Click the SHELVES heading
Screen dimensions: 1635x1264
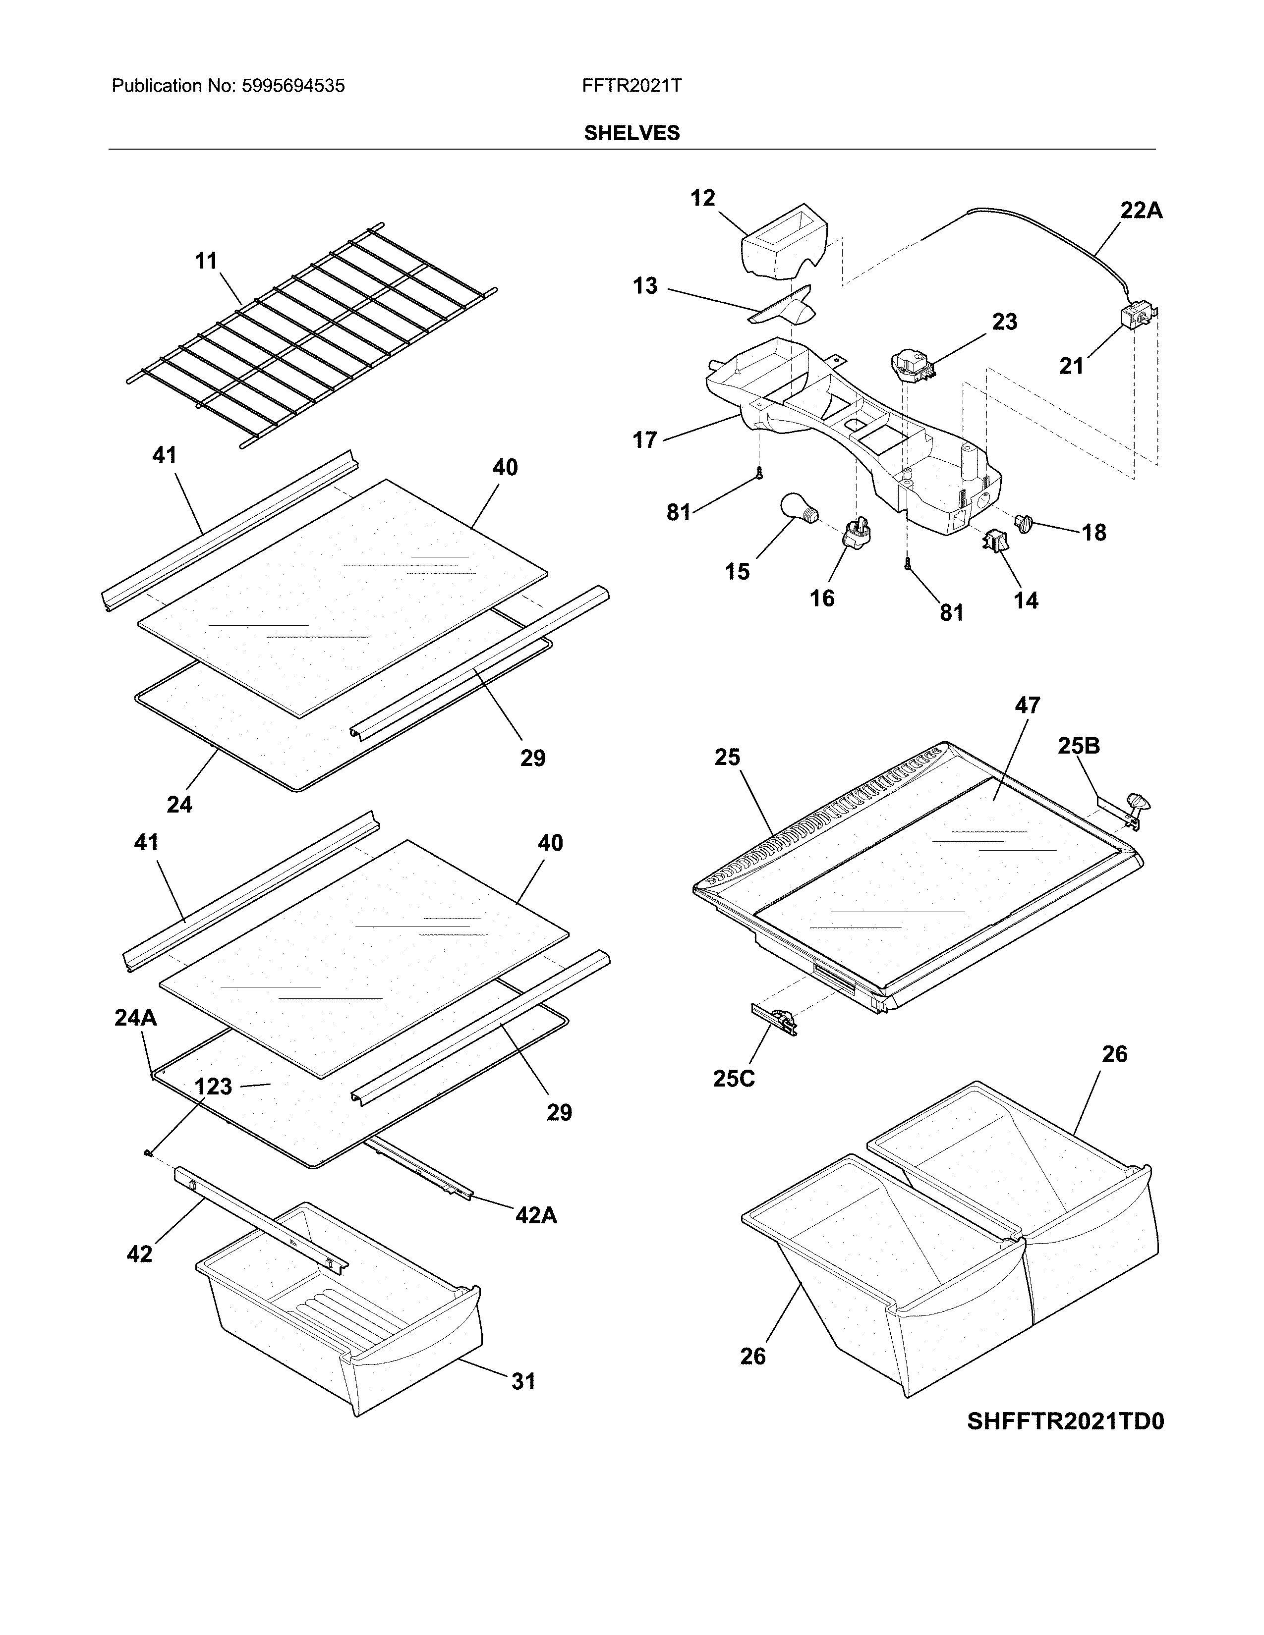[x=631, y=133]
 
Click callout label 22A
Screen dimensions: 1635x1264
[x=1141, y=211]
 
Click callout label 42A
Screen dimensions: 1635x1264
[x=536, y=1216]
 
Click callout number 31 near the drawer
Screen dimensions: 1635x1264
[x=523, y=1381]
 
